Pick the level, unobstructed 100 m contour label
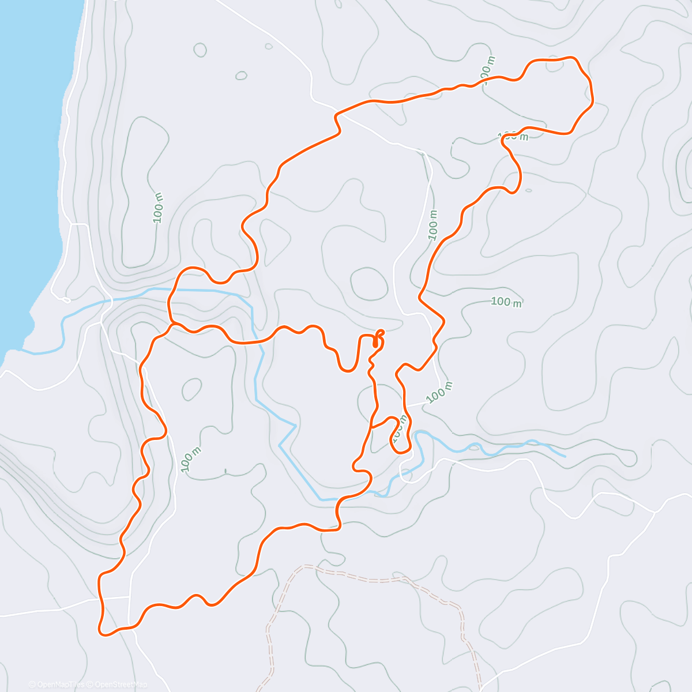click(x=506, y=302)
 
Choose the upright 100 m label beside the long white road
click(x=434, y=225)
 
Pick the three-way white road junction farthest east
click(x=655, y=512)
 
